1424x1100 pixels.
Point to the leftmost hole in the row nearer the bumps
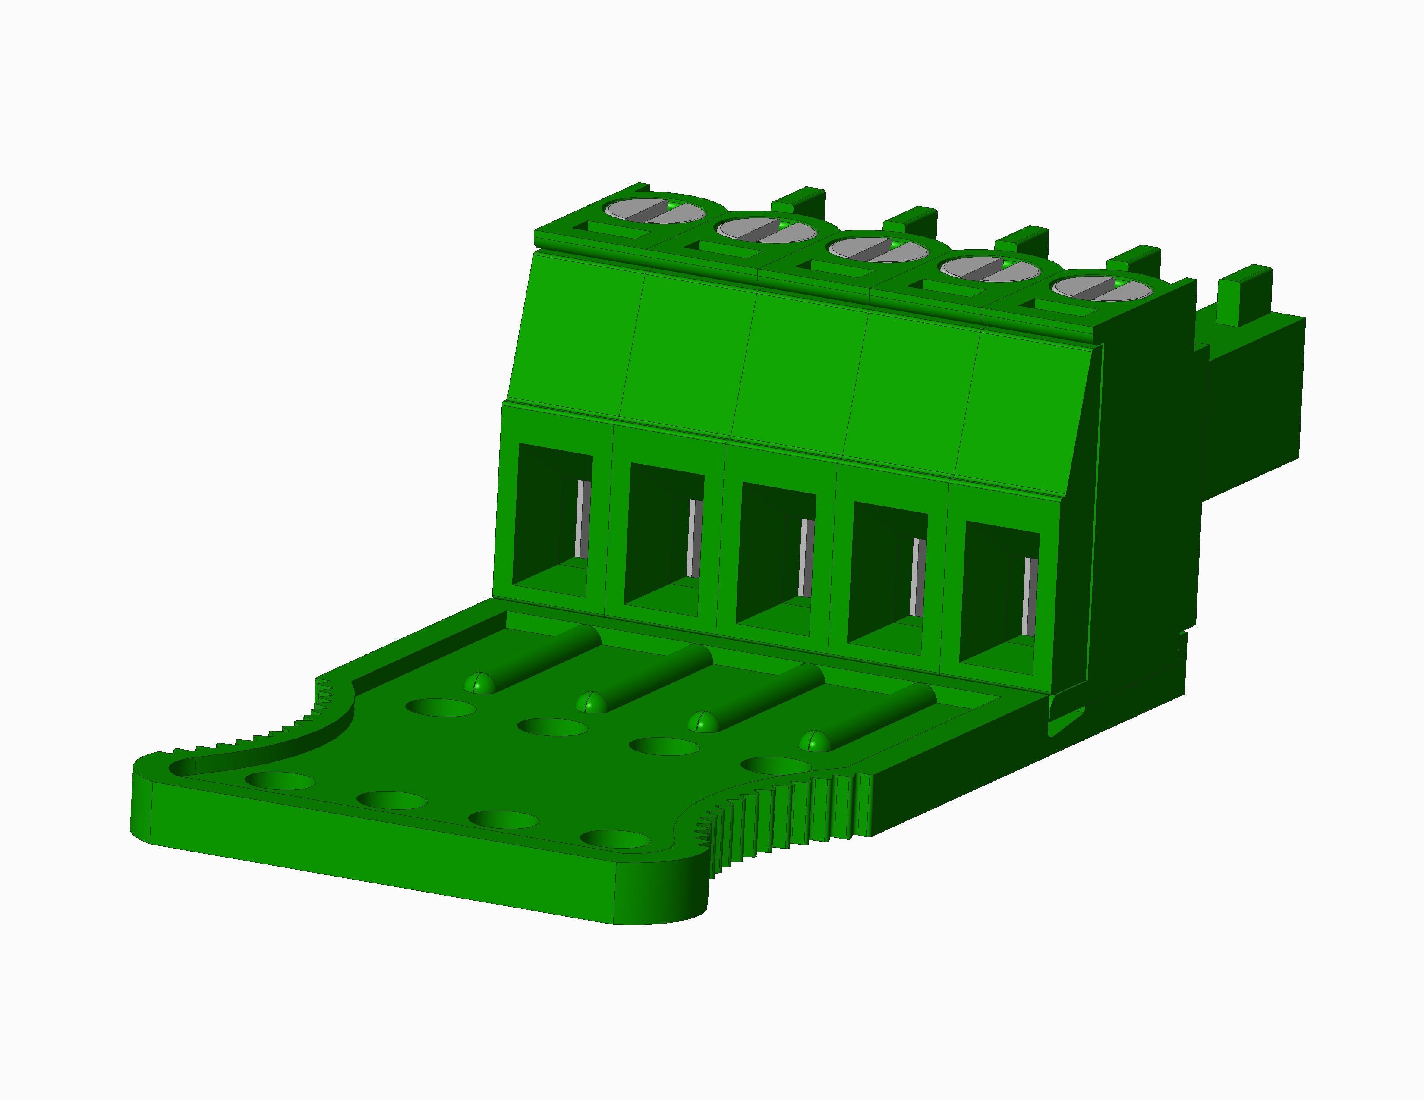pyautogui.click(x=440, y=707)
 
